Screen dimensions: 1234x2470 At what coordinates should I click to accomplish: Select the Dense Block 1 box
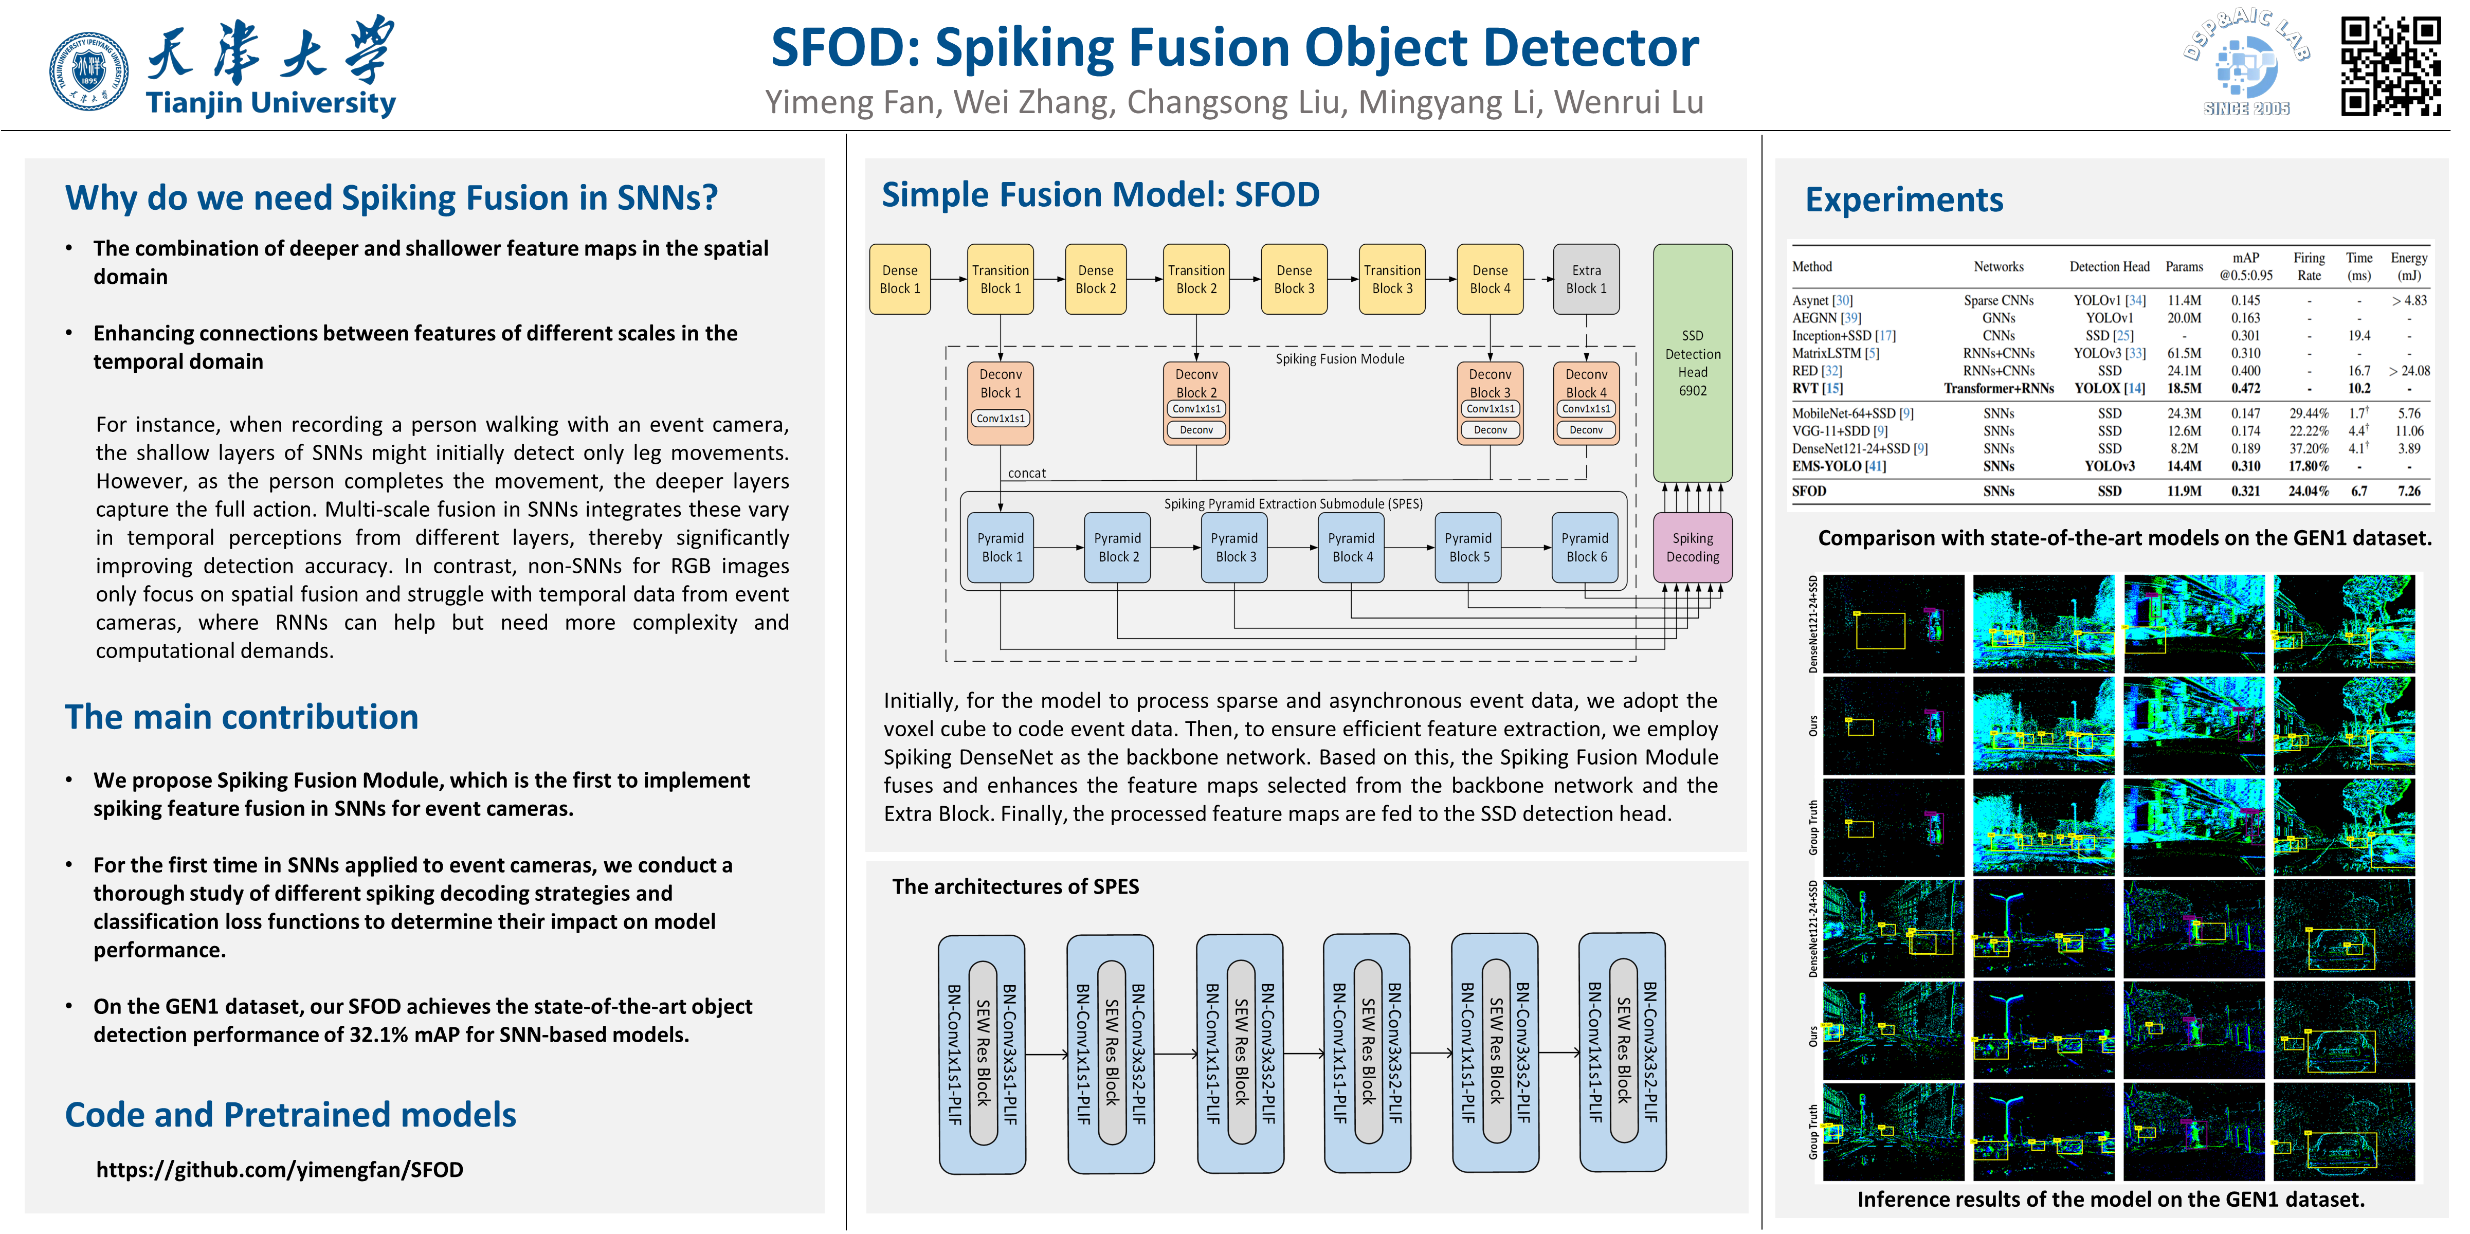899,279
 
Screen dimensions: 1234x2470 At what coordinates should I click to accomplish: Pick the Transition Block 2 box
1196,279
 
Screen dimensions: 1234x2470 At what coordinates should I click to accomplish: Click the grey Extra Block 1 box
1586,279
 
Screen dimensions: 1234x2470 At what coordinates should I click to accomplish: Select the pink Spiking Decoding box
1693,548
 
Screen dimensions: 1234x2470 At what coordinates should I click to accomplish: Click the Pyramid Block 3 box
1235,548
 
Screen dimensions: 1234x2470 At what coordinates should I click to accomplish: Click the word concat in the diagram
1027,474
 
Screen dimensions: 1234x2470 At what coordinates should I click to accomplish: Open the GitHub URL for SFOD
279,1170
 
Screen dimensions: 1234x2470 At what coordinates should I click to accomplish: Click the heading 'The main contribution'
242,717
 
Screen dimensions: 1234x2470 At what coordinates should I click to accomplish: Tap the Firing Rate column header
2309,266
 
